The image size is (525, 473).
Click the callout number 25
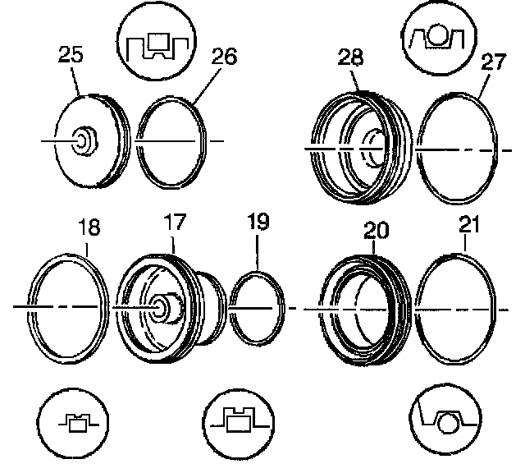[71, 54]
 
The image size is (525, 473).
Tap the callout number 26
[224, 57]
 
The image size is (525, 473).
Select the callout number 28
[350, 57]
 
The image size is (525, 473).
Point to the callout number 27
[494, 62]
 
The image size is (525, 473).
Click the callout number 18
[89, 227]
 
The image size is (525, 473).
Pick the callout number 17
[175, 223]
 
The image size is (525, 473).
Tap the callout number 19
[258, 222]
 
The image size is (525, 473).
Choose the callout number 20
[377, 230]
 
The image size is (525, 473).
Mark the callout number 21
[469, 224]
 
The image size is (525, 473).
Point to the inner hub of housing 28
[373, 149]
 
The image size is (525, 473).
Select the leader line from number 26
[208, 85]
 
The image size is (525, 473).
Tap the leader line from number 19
[258, 252]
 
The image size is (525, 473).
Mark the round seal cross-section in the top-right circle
[437, 36]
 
